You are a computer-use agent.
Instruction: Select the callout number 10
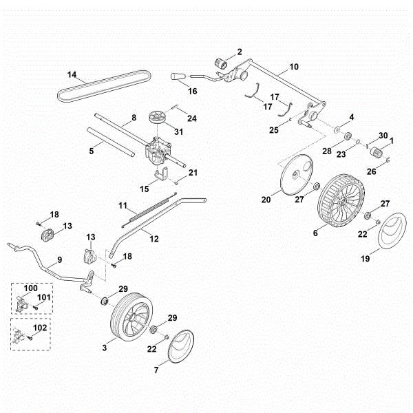tap(294, 67)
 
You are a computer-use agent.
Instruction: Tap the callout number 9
tap(59, 260)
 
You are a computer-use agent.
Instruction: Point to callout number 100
tap(32, 286)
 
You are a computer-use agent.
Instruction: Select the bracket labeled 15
tap(162, 177)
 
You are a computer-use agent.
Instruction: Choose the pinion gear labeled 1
tap(377, 150)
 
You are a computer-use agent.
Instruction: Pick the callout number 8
tap(134, 118)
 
